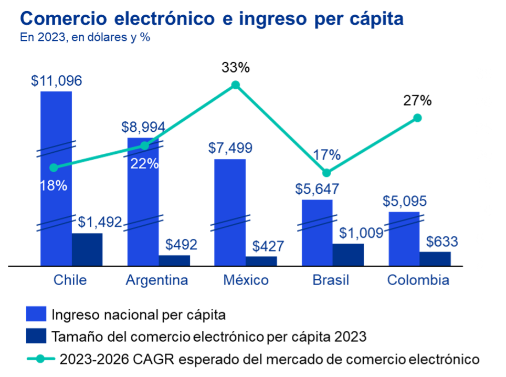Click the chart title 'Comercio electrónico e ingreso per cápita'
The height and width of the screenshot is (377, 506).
pos(212,19)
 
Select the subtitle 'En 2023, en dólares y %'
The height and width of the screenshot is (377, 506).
pos(85,38)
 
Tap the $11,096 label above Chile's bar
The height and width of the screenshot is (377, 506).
pos(56,81)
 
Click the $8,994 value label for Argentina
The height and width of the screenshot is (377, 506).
pos(143,127)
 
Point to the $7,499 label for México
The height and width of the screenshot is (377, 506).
pos(230,148)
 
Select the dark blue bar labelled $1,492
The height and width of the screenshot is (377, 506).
pos(88,249)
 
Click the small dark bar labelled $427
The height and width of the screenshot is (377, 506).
pos(261,260)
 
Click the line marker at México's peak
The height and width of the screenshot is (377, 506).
pos(236,85)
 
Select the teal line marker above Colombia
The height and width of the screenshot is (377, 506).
pos(417,118)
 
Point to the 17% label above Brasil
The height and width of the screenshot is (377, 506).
pos(326,155)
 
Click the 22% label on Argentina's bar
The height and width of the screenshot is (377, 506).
pos(144,164)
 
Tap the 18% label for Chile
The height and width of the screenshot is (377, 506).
pos(53,185)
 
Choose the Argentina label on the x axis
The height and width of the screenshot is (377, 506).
pos(157,280)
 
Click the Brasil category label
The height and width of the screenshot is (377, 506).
pos(330,280)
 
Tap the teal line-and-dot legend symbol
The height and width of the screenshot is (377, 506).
pos(41,359)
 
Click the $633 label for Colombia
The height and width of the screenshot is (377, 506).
pos(441,242)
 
